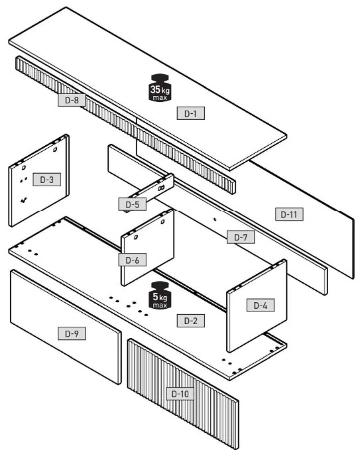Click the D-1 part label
191,113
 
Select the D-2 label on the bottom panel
191,321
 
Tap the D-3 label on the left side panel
46,180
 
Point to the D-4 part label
261,306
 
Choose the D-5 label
133,204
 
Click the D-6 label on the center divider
133,260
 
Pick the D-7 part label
241,237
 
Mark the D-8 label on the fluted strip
72,100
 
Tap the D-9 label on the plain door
72,333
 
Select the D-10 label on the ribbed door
180,394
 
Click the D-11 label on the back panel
289,214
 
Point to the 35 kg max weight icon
160,87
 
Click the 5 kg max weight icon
160,295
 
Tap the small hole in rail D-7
215,219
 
